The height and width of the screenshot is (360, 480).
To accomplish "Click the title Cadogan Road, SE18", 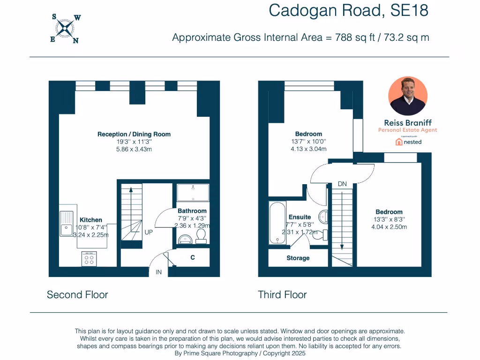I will [348, 10].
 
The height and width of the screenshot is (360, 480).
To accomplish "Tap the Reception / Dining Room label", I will [134, 134].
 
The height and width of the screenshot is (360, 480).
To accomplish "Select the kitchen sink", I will [66, 224].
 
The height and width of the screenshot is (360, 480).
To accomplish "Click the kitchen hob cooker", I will [89, 258].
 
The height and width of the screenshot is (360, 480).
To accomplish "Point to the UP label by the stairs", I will [148, 232].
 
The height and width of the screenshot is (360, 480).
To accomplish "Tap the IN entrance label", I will [158, 272].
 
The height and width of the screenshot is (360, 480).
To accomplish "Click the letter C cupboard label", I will [192, 257].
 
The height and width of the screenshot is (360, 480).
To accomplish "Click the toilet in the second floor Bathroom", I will [201, 235].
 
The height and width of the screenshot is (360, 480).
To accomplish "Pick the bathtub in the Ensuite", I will [277, 223].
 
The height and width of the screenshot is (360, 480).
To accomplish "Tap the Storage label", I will [298, 258].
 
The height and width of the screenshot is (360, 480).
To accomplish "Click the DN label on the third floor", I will [342, 184].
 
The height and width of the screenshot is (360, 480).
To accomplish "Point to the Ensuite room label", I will [300, 217].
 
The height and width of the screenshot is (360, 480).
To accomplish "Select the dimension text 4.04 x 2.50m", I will [389, 227].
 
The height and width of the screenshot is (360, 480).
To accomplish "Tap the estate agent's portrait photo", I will [408, 96].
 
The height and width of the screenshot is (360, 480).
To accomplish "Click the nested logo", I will [408, 142].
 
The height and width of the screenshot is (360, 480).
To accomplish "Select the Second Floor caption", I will [77, 295].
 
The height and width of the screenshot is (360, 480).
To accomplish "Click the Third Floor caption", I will [282, 295].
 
